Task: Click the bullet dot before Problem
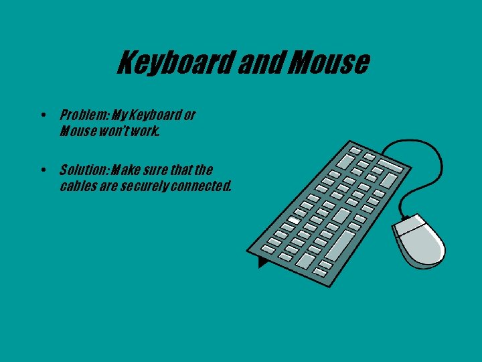[x=43, y=115]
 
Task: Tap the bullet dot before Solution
[x=43, y=170]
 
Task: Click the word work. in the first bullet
[x=147, y=131]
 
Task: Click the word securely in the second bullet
[x=145, y=186]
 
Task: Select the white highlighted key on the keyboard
[x=293, y=221]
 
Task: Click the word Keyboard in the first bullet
[x=161, y=115]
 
